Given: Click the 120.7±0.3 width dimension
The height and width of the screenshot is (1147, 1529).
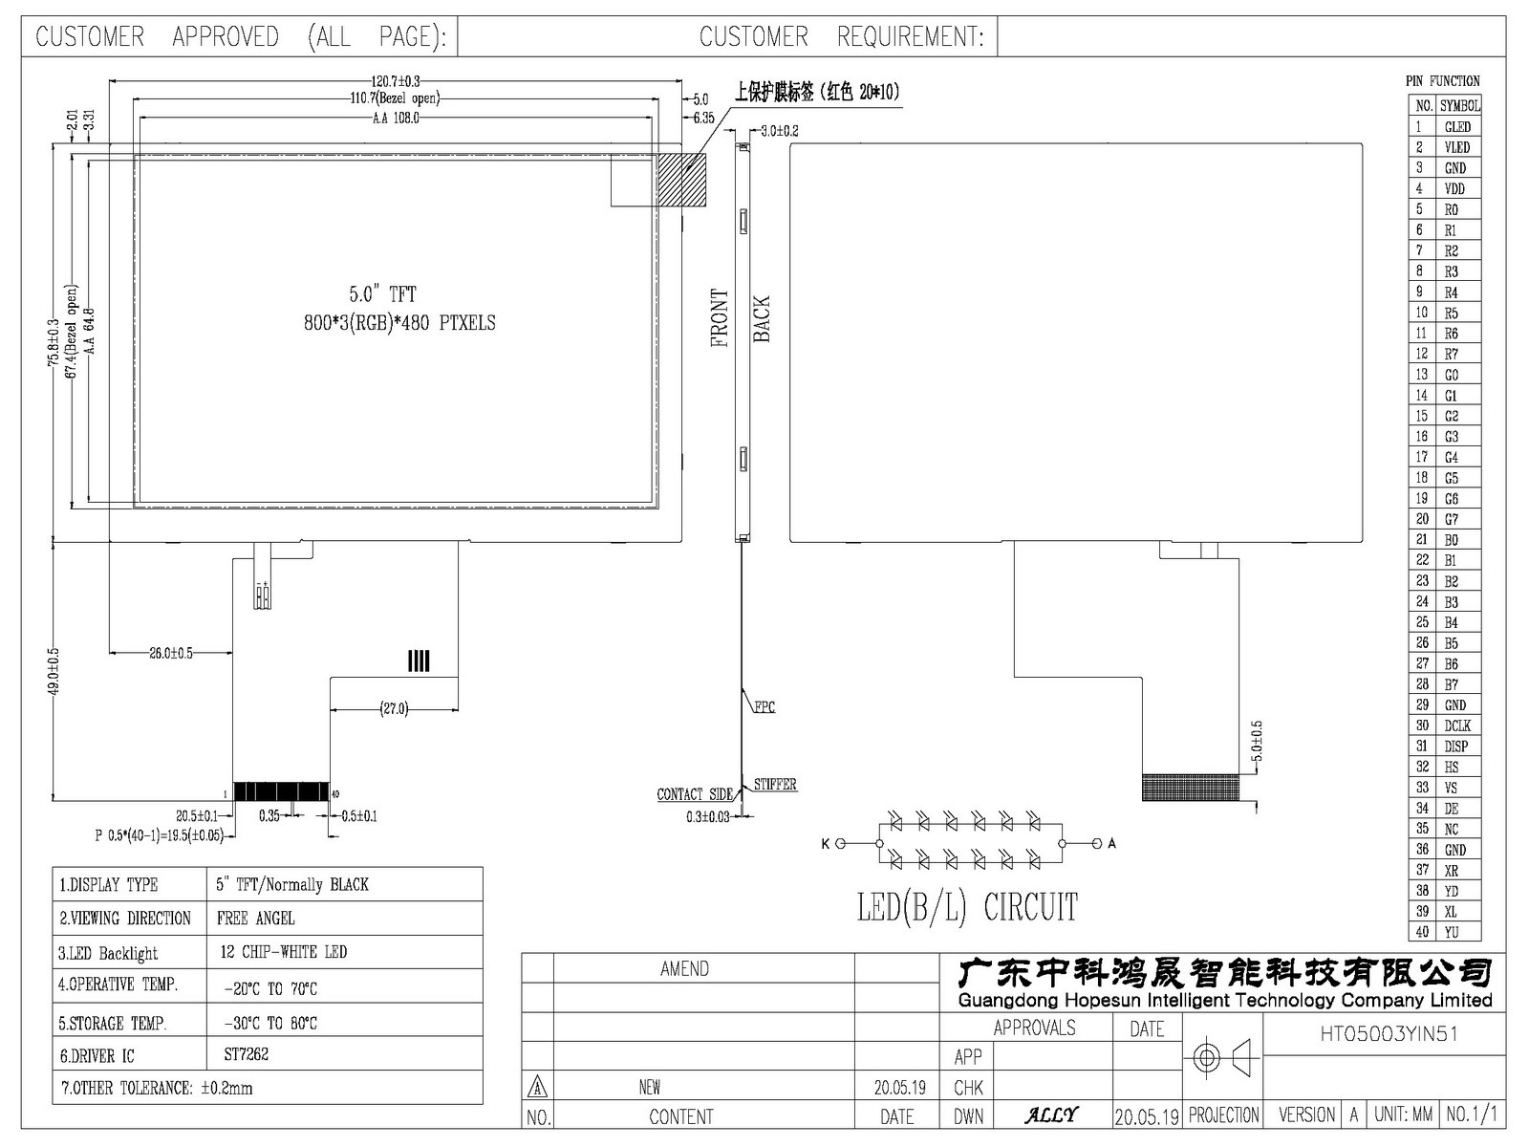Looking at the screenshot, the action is [395, 81].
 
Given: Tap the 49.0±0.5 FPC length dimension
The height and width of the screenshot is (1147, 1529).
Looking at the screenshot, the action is [54, 671].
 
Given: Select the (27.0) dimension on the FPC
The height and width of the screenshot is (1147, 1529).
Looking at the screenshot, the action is [394, 709].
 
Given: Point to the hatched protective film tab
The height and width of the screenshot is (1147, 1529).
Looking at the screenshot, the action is [681, 180].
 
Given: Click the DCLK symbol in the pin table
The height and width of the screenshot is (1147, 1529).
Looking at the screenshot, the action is [1457, 725].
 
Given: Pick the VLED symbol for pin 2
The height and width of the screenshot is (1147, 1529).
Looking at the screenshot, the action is [1456, 147].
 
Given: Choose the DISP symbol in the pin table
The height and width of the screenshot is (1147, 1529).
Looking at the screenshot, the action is [1455, 747].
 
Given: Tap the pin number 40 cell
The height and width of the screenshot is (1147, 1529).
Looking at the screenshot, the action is [1422, 932].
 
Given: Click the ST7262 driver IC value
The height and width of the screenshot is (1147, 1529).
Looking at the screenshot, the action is [246, 1054].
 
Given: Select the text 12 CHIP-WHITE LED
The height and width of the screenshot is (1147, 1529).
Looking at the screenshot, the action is [284, 952].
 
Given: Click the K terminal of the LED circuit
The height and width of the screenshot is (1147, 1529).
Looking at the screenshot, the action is [826, 844].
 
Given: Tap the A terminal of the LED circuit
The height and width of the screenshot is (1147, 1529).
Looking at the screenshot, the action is [1111, 843].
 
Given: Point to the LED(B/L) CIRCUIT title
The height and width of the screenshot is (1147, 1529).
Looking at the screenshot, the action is [967, 907].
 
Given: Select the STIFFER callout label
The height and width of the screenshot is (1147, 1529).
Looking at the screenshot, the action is [775, 784].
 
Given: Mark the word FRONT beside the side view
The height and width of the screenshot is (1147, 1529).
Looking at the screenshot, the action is [720, 317].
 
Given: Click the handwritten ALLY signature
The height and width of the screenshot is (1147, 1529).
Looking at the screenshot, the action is [1051, 1115].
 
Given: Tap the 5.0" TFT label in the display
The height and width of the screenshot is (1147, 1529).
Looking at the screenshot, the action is [382, 294].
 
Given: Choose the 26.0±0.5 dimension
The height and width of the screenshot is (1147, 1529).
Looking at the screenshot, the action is [171, 653].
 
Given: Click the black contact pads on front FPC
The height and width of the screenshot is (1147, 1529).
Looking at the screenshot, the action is [281, 791].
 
